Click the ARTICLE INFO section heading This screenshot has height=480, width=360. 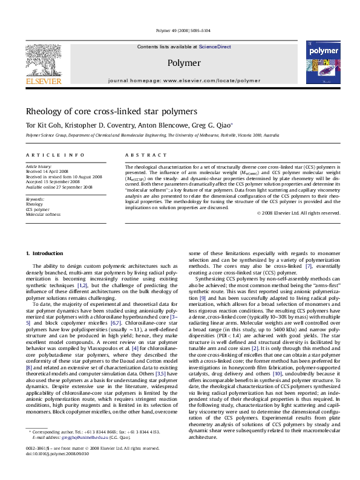click(47, 155)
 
